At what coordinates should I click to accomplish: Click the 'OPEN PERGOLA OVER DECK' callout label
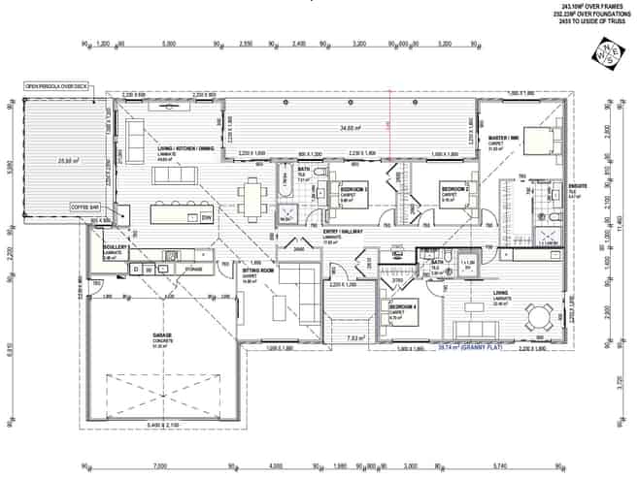pyautogui.click(x=56, y=87)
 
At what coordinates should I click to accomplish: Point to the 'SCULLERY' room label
pyautogui.click(x=116, y=248)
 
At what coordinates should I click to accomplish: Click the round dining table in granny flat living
pyautogui.click(x=537, y=312)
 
